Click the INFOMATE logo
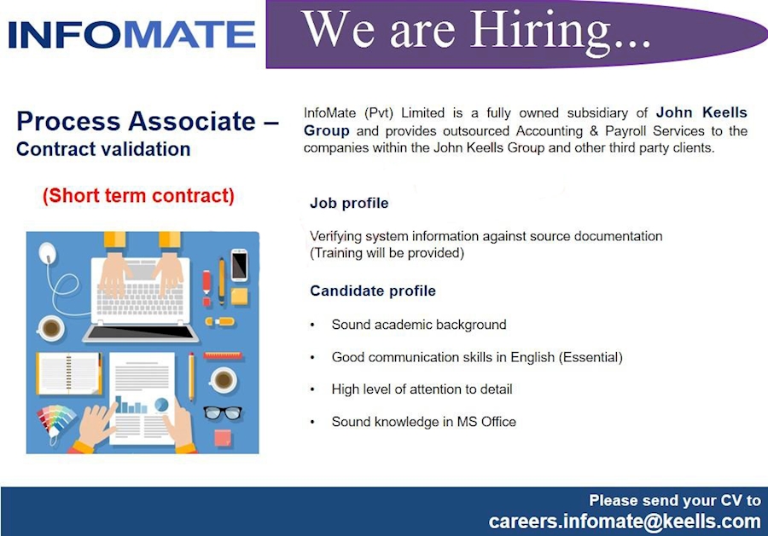point(132,35)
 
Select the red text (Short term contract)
point(138,195)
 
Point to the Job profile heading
point(349,204)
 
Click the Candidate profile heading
point(373,291)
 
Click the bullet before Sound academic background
point(313,326)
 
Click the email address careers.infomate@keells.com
point(624,521)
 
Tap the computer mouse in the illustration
point(48,251)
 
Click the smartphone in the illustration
point(239,263)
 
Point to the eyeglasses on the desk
point(223,412)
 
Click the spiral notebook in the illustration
point(68,373)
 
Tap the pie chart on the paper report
point(161,405)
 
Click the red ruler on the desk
point(223,356)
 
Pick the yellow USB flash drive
point(219,322)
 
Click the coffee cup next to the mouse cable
point(50,327)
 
